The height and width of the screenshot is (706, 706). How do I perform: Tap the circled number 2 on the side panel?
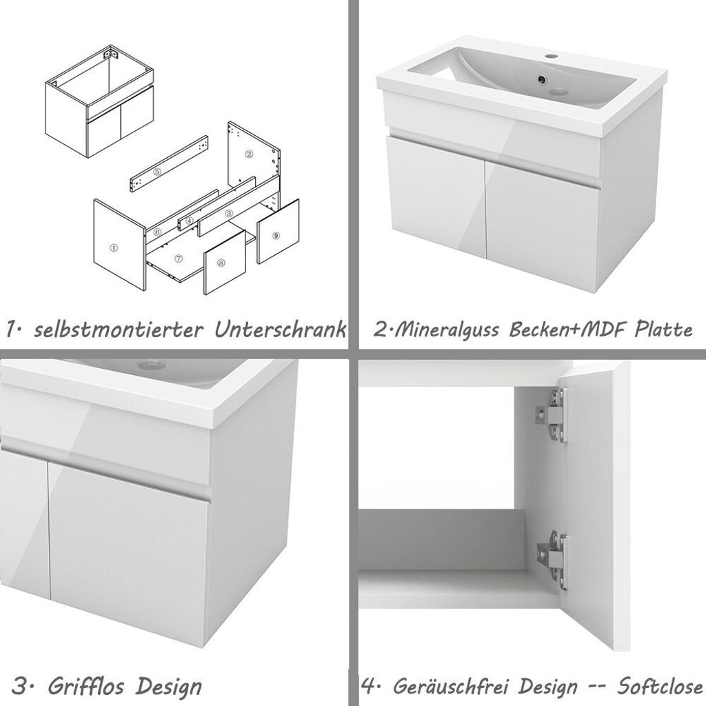pos(250,154)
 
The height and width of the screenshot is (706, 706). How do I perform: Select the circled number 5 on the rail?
pos(158,172)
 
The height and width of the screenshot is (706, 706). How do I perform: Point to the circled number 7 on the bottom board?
pos(178,259)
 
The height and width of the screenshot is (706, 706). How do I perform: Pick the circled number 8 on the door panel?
pos(221,263)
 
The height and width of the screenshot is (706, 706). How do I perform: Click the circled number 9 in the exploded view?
pos(276,235)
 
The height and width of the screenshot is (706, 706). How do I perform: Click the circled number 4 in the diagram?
pos(188,221)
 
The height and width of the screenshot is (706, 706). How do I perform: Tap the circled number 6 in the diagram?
pos(158,232)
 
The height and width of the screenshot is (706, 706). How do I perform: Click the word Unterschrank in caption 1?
pos(279,330)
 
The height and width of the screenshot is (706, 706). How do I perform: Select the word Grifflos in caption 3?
pos(88,687)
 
